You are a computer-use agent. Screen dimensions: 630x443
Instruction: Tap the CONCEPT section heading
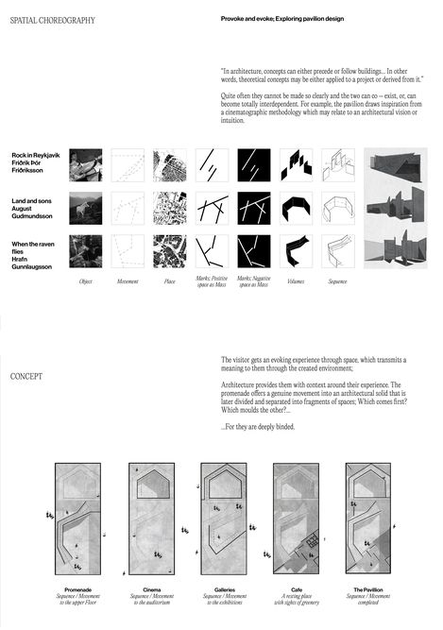(27, 377)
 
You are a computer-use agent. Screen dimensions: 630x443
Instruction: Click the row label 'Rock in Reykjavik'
(37, 155)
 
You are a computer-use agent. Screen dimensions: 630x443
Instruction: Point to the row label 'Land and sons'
(34, 199)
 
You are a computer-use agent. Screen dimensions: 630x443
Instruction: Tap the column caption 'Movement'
(128, 281)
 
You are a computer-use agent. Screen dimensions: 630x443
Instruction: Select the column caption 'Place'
(170, 281)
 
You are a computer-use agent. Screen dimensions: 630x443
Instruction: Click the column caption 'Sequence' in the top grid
(337, 281)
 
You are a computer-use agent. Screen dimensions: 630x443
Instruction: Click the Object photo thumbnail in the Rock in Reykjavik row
(85, 163)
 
